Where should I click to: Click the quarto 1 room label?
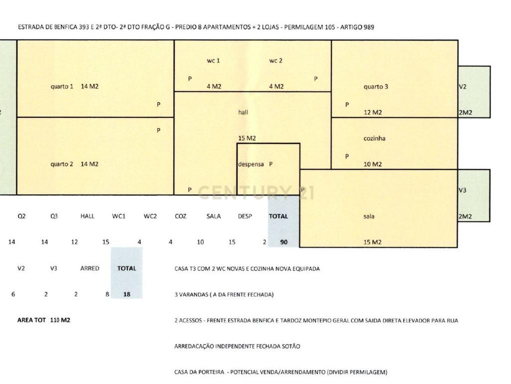click(62, 86)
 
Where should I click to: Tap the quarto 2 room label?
click(62, 164)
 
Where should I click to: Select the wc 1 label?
click(214, 60)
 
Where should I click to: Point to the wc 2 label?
click(276, 60)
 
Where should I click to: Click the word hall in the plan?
click(243, 112)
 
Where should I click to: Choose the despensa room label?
click(251, 164)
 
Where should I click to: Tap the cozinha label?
click(374, 138)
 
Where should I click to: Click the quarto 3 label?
click(376, 86)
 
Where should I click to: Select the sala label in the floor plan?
click(369, 216)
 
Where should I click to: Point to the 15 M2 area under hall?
click(247, 138)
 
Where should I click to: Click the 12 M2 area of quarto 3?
click(373, 112)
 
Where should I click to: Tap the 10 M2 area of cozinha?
click(373, 164)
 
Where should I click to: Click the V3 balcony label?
click(463, 190)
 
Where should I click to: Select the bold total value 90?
click(284, 242)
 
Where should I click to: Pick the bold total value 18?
click(127, 294)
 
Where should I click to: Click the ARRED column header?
click(90, 268)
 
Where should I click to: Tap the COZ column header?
click(181, 216)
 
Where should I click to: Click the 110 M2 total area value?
click(60, 320)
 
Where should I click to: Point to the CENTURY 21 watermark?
click(256, 192)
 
